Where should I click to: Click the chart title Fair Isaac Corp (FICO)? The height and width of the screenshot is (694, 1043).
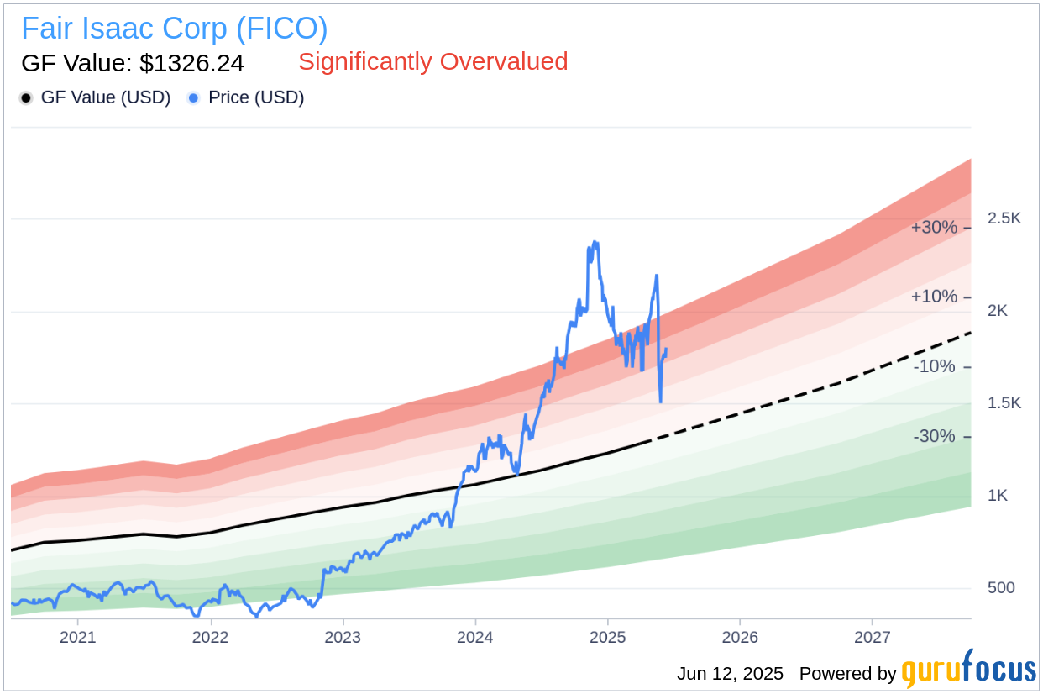(x=174, y=29)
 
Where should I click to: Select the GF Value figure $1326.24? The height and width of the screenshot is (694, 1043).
(x=132, y=63)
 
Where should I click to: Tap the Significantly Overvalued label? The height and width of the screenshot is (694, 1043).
(x=432, y=61)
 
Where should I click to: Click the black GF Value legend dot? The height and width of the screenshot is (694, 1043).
(x=26, y=98)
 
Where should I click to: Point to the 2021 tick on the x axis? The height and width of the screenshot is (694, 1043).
(x=77, y=637)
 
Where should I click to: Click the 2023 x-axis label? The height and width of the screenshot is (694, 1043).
(x=343, y=637)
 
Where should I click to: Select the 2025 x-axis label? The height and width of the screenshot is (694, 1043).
(x=608, y=637)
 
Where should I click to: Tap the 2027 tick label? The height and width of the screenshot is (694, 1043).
(x=873, y=637)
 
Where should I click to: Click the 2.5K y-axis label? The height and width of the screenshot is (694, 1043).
(x=1004, y=218)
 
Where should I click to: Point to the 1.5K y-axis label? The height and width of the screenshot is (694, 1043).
(x=1004, y=403)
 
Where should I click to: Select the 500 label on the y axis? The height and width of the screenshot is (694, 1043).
(x=1000, y=588)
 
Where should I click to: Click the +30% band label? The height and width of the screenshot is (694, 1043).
(x=934, y=228)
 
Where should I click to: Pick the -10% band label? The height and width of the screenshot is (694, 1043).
(x=935, y=367)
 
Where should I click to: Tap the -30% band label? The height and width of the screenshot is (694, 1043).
(x=935, y=437)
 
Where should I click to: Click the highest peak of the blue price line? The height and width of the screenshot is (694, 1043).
(x=595, y=243)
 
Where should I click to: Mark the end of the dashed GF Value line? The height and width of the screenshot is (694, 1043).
(x=970, y=333)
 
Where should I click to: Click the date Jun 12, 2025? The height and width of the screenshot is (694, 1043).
(x=730, y=674)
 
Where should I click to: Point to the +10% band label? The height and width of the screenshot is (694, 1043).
(x=934, y=297)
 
